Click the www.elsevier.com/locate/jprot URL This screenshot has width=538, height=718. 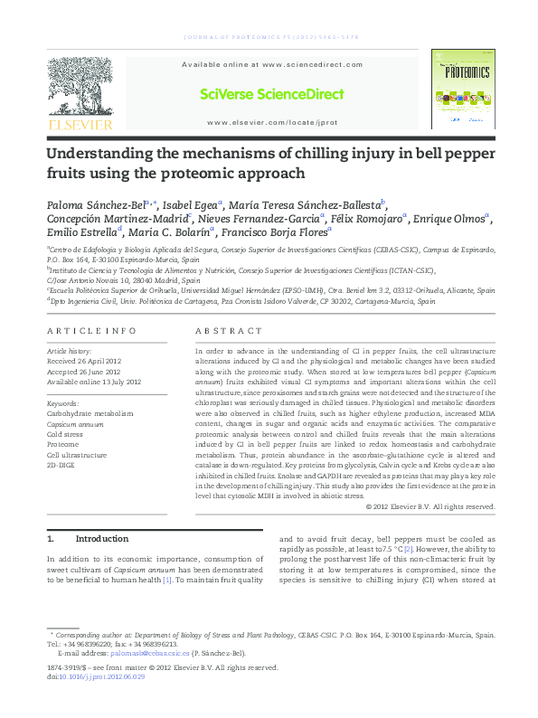[271, 122]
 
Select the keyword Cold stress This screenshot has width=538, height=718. [67, 434]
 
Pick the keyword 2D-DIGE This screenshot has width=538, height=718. [62, 466]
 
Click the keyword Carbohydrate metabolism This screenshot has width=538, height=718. [90, 413]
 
